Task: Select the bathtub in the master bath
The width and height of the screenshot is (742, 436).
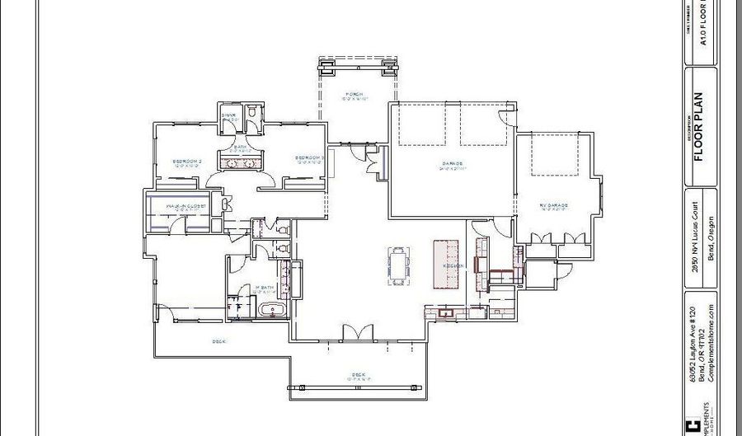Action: tap(271, 311)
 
